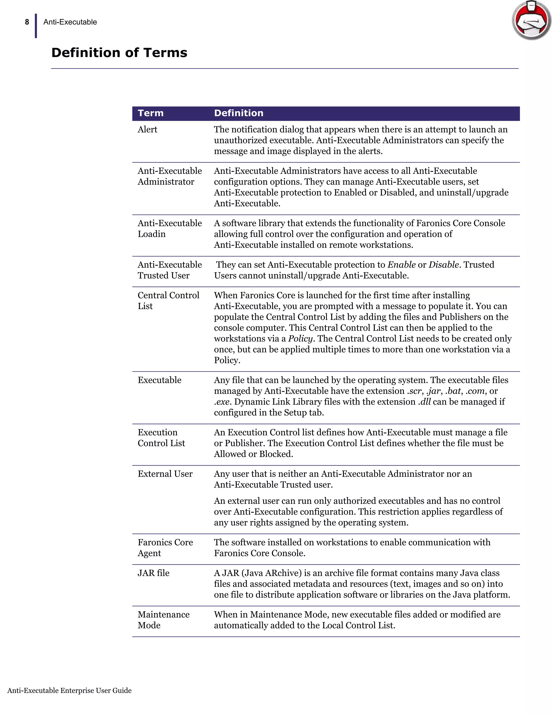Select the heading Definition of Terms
point(119,53)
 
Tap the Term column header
point(150,113)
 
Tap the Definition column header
point(239,113)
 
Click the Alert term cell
point(147,129)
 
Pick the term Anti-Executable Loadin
point(170,228)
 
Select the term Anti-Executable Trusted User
point(170,270)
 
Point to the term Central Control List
point(168,300)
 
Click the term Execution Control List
point(161,438)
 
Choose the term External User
point(165,474)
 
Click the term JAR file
point(153,573)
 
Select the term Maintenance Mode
point(164,620)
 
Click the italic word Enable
point(402,265)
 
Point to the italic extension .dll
point(424,401)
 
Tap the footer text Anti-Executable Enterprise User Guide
point(69,691)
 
